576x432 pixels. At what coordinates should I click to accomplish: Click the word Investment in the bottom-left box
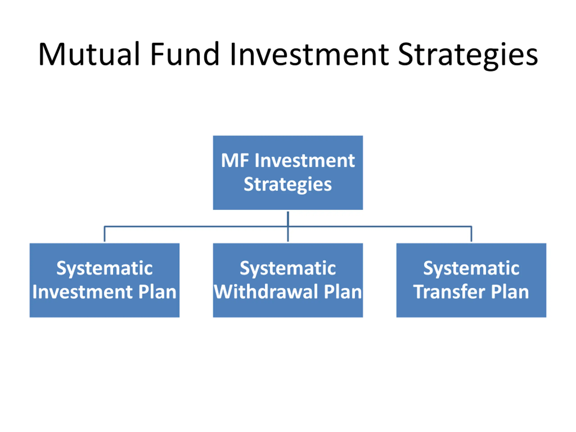coord(83,292)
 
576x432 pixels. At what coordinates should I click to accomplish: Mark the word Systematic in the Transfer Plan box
coord(471,268)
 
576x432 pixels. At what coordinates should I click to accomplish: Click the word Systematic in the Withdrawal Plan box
coord(288,268)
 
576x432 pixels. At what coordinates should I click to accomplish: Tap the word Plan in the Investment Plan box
coord(157,292)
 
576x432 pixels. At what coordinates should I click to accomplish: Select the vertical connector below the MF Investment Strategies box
coord(288,219)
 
